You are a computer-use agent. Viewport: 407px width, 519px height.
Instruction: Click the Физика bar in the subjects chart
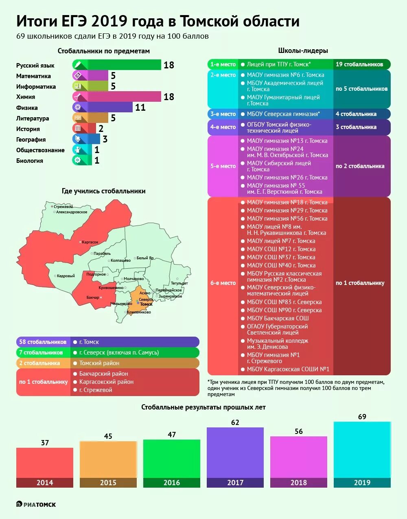pos(104,107)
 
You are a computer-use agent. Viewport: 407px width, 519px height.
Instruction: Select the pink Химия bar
pos(118,97)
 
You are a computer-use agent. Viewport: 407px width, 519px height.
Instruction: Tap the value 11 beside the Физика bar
pos(140,107)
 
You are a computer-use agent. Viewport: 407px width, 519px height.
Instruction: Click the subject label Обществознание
pos(40,150)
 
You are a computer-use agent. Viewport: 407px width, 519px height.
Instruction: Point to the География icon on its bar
pos(78,139)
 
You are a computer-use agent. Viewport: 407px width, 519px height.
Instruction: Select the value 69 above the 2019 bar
pos(362,417)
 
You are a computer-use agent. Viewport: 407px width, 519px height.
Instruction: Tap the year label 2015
pos(108,483)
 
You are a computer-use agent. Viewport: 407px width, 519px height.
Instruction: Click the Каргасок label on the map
pos(90,242)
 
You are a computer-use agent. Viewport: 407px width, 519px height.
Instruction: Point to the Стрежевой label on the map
pos(63,207)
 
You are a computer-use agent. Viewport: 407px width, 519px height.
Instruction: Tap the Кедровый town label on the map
pos(66,276)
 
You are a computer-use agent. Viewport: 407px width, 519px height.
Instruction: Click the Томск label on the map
pos(146,304)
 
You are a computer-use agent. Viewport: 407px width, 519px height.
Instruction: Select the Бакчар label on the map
pos(93,298)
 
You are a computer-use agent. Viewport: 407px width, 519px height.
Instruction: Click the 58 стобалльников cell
pos(43,342)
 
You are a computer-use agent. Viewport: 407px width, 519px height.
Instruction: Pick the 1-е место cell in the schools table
pos(223,64)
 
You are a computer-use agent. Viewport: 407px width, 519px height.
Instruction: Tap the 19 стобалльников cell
pos(359,64)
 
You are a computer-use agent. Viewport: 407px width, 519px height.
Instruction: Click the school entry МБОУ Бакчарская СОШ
pos(278,318)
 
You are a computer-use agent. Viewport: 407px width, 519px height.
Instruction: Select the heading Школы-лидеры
pos(303,50)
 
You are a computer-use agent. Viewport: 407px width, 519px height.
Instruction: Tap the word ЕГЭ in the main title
pos(75,21)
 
